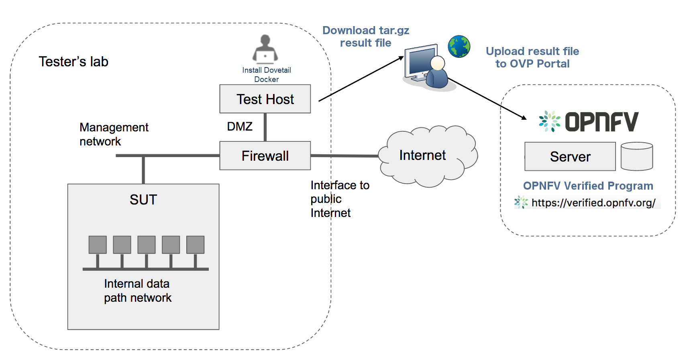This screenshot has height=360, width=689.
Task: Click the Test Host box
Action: (x=265, y=99)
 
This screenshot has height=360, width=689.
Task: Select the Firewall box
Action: (x=265, y=155)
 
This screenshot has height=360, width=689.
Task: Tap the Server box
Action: (x=570, y=156)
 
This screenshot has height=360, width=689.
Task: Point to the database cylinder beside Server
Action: (x=637, y=156)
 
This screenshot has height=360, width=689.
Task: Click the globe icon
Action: (x=459, y=47)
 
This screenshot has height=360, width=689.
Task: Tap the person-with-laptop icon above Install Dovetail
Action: (x=265, y=49)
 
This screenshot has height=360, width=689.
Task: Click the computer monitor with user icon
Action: (x=427, y=67)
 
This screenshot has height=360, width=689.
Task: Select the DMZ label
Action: (x=240, y=127)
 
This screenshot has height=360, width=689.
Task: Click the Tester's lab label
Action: (x=73, y=61)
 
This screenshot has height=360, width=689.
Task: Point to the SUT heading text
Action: (x=143, y=200)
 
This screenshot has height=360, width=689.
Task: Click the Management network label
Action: (x=114, y=134)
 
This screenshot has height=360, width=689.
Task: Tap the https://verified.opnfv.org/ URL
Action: (x=593, y=203)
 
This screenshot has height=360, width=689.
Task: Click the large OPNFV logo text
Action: (x=601, y=122)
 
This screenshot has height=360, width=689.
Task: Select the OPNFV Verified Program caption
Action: (x=588, y=186)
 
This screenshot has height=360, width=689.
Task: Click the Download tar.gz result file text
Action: (x=366, y=37)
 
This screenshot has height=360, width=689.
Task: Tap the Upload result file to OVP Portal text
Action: (x=532, y=57)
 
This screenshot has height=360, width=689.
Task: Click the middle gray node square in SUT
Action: (x=147, y=245)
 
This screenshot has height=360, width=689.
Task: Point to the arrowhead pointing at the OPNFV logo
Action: (x=524, y=118)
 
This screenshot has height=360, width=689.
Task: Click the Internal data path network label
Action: (x=138, y=290)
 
